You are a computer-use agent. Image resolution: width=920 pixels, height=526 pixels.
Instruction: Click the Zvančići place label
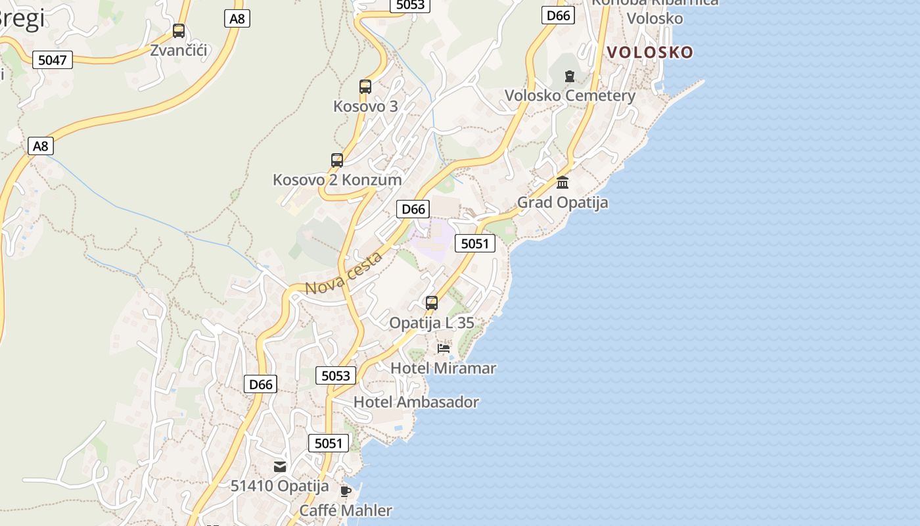pyautogui.click(x=179, y=50)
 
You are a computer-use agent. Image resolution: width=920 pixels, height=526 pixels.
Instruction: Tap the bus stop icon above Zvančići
pyautogui.click(x=179, y=31)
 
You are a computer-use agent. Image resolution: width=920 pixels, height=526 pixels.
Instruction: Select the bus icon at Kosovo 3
pyautogui.click(x=365, y=87)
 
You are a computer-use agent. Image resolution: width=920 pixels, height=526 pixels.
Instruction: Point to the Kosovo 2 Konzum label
pyautogui.click(x=337, y=179)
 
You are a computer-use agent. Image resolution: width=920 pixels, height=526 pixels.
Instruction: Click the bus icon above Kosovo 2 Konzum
pyautogui.click(x=337, y=160)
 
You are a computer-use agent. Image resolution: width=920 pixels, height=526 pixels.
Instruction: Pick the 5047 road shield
pyautogui.click(x=53, y=60)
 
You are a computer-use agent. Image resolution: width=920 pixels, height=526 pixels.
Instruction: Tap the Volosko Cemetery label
pyautogui.click(x=570, y=96)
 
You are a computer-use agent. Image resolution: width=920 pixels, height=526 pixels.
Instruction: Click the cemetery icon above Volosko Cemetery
pyautogui.click(x=570, y=76)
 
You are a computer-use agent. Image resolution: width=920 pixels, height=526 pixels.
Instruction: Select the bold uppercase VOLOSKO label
pyautogui.click(x=649, y=53)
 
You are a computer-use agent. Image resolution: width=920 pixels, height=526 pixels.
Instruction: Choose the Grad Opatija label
pyautogui.click(x=563, y=203)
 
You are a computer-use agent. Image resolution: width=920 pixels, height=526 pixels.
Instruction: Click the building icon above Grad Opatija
pyautogui.click(x=563, y=183)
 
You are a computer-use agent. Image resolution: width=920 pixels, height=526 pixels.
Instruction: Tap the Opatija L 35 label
pyautogui.click(x=432, y=323)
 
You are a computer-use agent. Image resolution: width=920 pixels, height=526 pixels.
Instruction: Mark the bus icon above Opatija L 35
pyautogui.click(x=432, y=303)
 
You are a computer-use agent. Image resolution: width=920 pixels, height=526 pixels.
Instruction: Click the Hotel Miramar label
pyautogui.click(x=444, y=368)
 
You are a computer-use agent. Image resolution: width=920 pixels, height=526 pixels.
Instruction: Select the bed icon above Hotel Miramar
pyautogui.click(x=444, y=348)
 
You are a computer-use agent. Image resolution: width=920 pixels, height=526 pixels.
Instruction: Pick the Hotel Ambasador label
pyautogui.click(x=416, y=402)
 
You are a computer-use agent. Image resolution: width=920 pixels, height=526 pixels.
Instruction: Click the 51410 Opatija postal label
pyautogui.click(x=279, y=487)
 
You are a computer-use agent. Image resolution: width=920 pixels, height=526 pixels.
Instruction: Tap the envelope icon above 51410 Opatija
pyautogui.click(x=280, y=467)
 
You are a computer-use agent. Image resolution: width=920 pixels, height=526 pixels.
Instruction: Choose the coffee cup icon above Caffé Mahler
pyautogui.click(x=346, y=491)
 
